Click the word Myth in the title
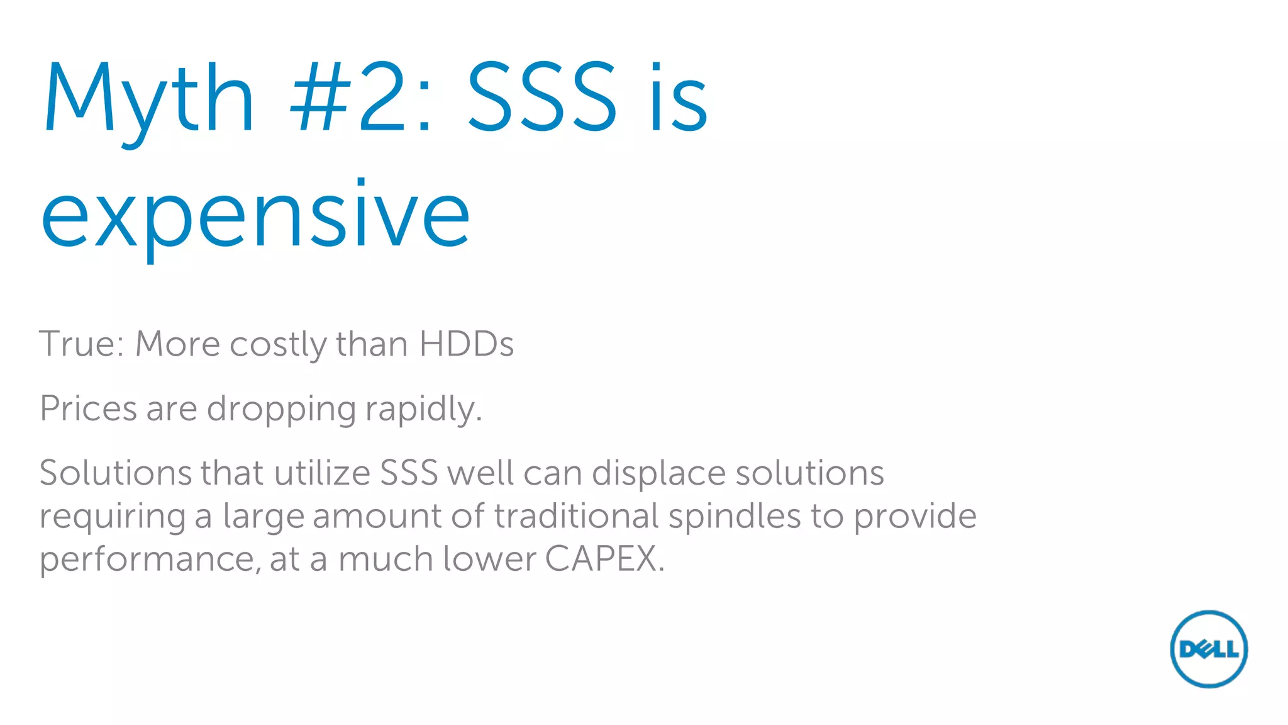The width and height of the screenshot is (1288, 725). tap(148, 99)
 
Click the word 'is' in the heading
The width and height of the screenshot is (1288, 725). tap(679, 99)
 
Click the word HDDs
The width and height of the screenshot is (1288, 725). tap(466, 344)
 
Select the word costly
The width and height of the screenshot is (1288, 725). tap(277, 346)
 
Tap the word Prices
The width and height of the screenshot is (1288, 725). tap(88, 408)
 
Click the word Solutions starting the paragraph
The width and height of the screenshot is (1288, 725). tap(115, 473)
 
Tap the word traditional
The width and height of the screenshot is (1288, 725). tap(576, 516)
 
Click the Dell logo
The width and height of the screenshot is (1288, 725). tap(1208, 648)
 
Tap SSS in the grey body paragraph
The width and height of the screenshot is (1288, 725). tap(409, 473)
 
